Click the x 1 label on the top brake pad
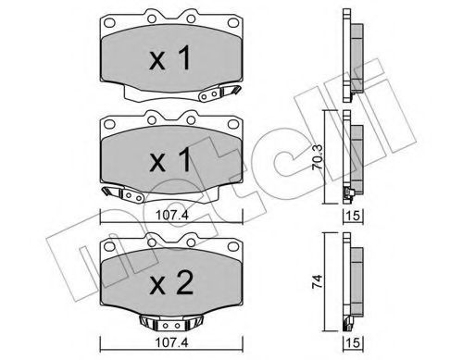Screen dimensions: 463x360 [x=170, y=58]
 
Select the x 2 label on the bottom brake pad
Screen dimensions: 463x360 [x=171, y=282]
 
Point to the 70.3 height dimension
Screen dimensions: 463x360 [x=317, y=157]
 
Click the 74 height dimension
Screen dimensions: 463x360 [x=318, y=281]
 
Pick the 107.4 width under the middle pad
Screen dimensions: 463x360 [x=171, y=215]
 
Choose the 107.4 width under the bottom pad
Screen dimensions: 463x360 [x=171, y=341]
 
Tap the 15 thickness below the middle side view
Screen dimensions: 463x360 [x=354, y=216]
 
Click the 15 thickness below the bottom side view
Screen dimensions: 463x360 [x=354, y=342]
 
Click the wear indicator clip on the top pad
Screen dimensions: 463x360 [x=219, y=93]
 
